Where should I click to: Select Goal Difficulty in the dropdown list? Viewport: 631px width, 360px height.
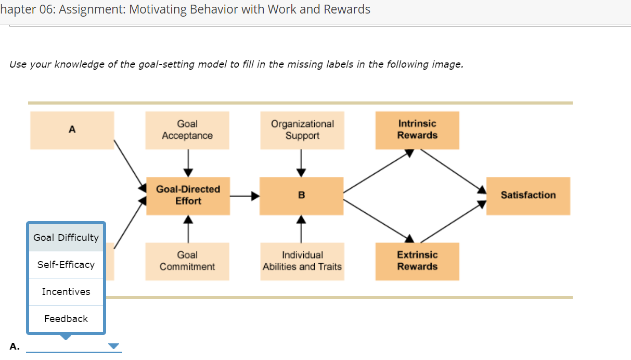pos(66,238)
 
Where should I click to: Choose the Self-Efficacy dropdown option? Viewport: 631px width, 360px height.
pos(66,265)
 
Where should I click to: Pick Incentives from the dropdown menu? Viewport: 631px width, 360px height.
pos(66,292)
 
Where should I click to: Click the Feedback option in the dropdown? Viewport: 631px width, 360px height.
pos(66,319)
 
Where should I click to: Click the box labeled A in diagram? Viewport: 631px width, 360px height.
pos(72,130)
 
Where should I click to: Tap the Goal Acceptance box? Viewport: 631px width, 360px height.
pos(187,130)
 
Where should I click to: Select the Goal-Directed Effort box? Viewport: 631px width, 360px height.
pos(188,196)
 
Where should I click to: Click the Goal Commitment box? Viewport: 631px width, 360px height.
pos(187,261)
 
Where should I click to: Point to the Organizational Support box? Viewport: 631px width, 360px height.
pos(302,130)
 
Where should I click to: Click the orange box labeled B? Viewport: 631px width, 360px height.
pos(301,196)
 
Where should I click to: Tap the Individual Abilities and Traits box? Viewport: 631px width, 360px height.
pos(302,261)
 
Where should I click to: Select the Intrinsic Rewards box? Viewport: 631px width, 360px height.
pos(417,130)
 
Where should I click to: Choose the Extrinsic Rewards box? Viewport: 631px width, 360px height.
pos(417,261)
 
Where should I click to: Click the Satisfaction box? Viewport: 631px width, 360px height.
pos(528,196)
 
